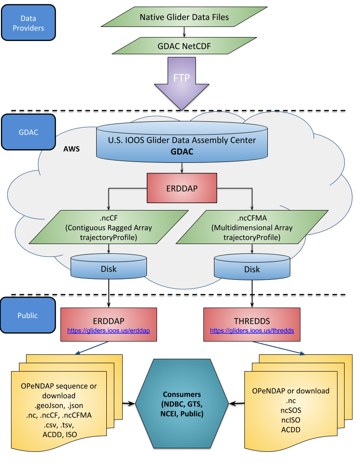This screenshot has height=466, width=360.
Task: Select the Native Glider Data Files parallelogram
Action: point(184,17)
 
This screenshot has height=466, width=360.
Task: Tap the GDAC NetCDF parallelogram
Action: point(184,45)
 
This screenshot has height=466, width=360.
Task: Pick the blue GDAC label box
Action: point(29,132)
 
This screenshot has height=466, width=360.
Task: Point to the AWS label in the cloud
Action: point(71,149)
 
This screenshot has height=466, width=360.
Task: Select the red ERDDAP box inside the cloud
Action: point(182,188)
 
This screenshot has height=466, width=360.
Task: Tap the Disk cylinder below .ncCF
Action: point(108,269)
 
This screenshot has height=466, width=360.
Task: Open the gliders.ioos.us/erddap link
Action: point(108,331)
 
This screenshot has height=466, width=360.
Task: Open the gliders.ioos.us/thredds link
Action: point(252,331)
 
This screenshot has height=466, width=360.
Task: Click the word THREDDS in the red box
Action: point(252,321)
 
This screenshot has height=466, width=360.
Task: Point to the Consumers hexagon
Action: point(182,403)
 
